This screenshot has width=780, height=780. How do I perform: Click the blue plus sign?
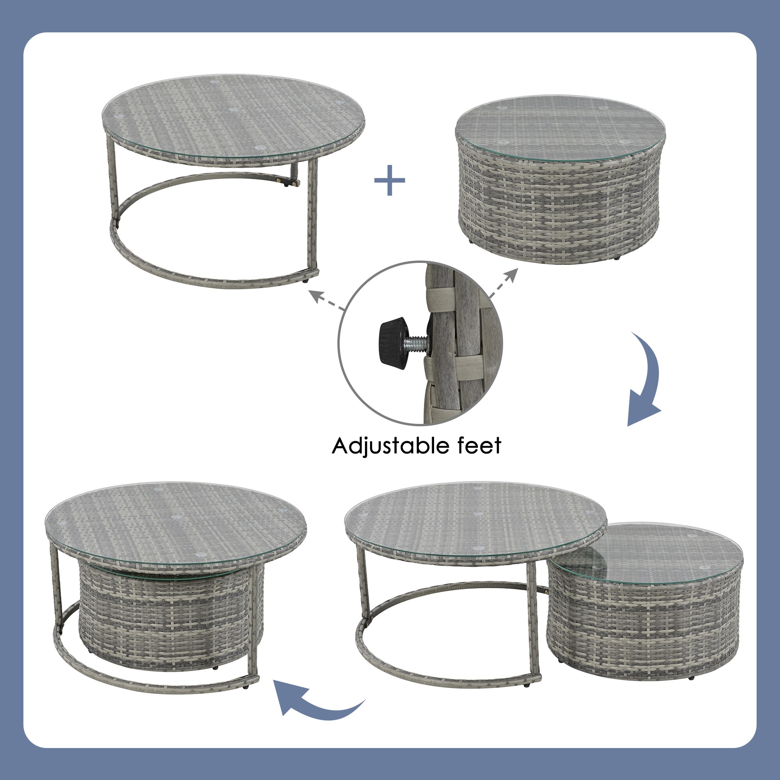[390, 181]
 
